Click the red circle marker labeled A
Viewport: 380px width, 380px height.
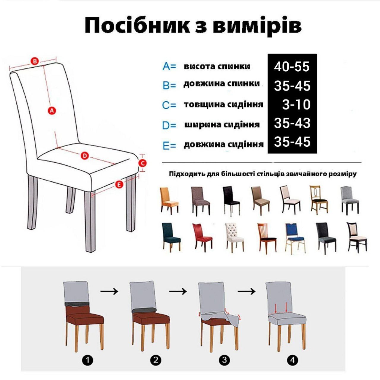tap(52, 110)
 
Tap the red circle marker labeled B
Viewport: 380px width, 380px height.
tap(35, 61)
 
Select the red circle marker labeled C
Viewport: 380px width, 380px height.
tap(142, 163)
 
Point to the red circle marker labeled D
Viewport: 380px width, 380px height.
tap(85, 156)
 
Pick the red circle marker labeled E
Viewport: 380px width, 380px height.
tap(119, 185)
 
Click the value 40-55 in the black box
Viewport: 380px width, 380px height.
tap(292, 67)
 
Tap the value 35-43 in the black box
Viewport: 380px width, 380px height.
tap(292, 123)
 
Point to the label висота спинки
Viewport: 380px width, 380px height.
tap(217, 66)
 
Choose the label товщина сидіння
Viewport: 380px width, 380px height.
tap(224, 104)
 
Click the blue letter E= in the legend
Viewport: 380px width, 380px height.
tap(169, 146)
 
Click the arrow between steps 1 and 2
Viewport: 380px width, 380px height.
tap(109, 291)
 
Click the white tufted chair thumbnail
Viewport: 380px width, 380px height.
tap(235, 237)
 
